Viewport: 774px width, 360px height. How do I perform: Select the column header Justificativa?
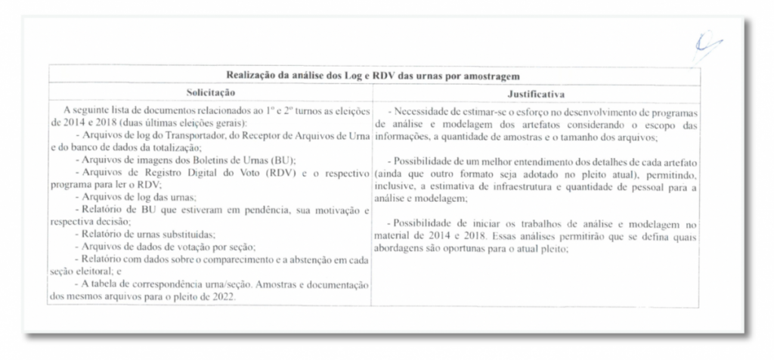(x=535, y=93)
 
